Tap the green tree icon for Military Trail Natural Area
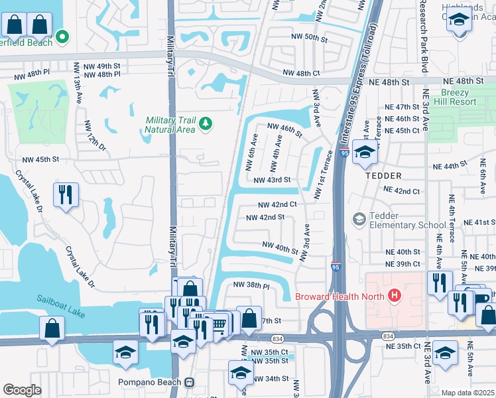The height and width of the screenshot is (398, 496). coord(206,123)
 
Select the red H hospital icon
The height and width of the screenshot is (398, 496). coord(395,295)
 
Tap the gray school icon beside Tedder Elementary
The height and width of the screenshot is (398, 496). coord(359,218)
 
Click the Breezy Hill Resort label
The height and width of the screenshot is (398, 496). coord(460,98)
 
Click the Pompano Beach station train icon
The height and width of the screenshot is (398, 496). coord(189,382)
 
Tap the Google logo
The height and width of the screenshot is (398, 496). coord(21,390)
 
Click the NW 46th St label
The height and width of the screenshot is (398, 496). coord(284,129)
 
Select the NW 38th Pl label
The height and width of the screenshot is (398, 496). coord(251,285)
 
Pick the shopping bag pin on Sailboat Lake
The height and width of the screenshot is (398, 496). coord(52,329)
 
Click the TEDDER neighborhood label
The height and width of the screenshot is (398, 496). coord(383,176)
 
